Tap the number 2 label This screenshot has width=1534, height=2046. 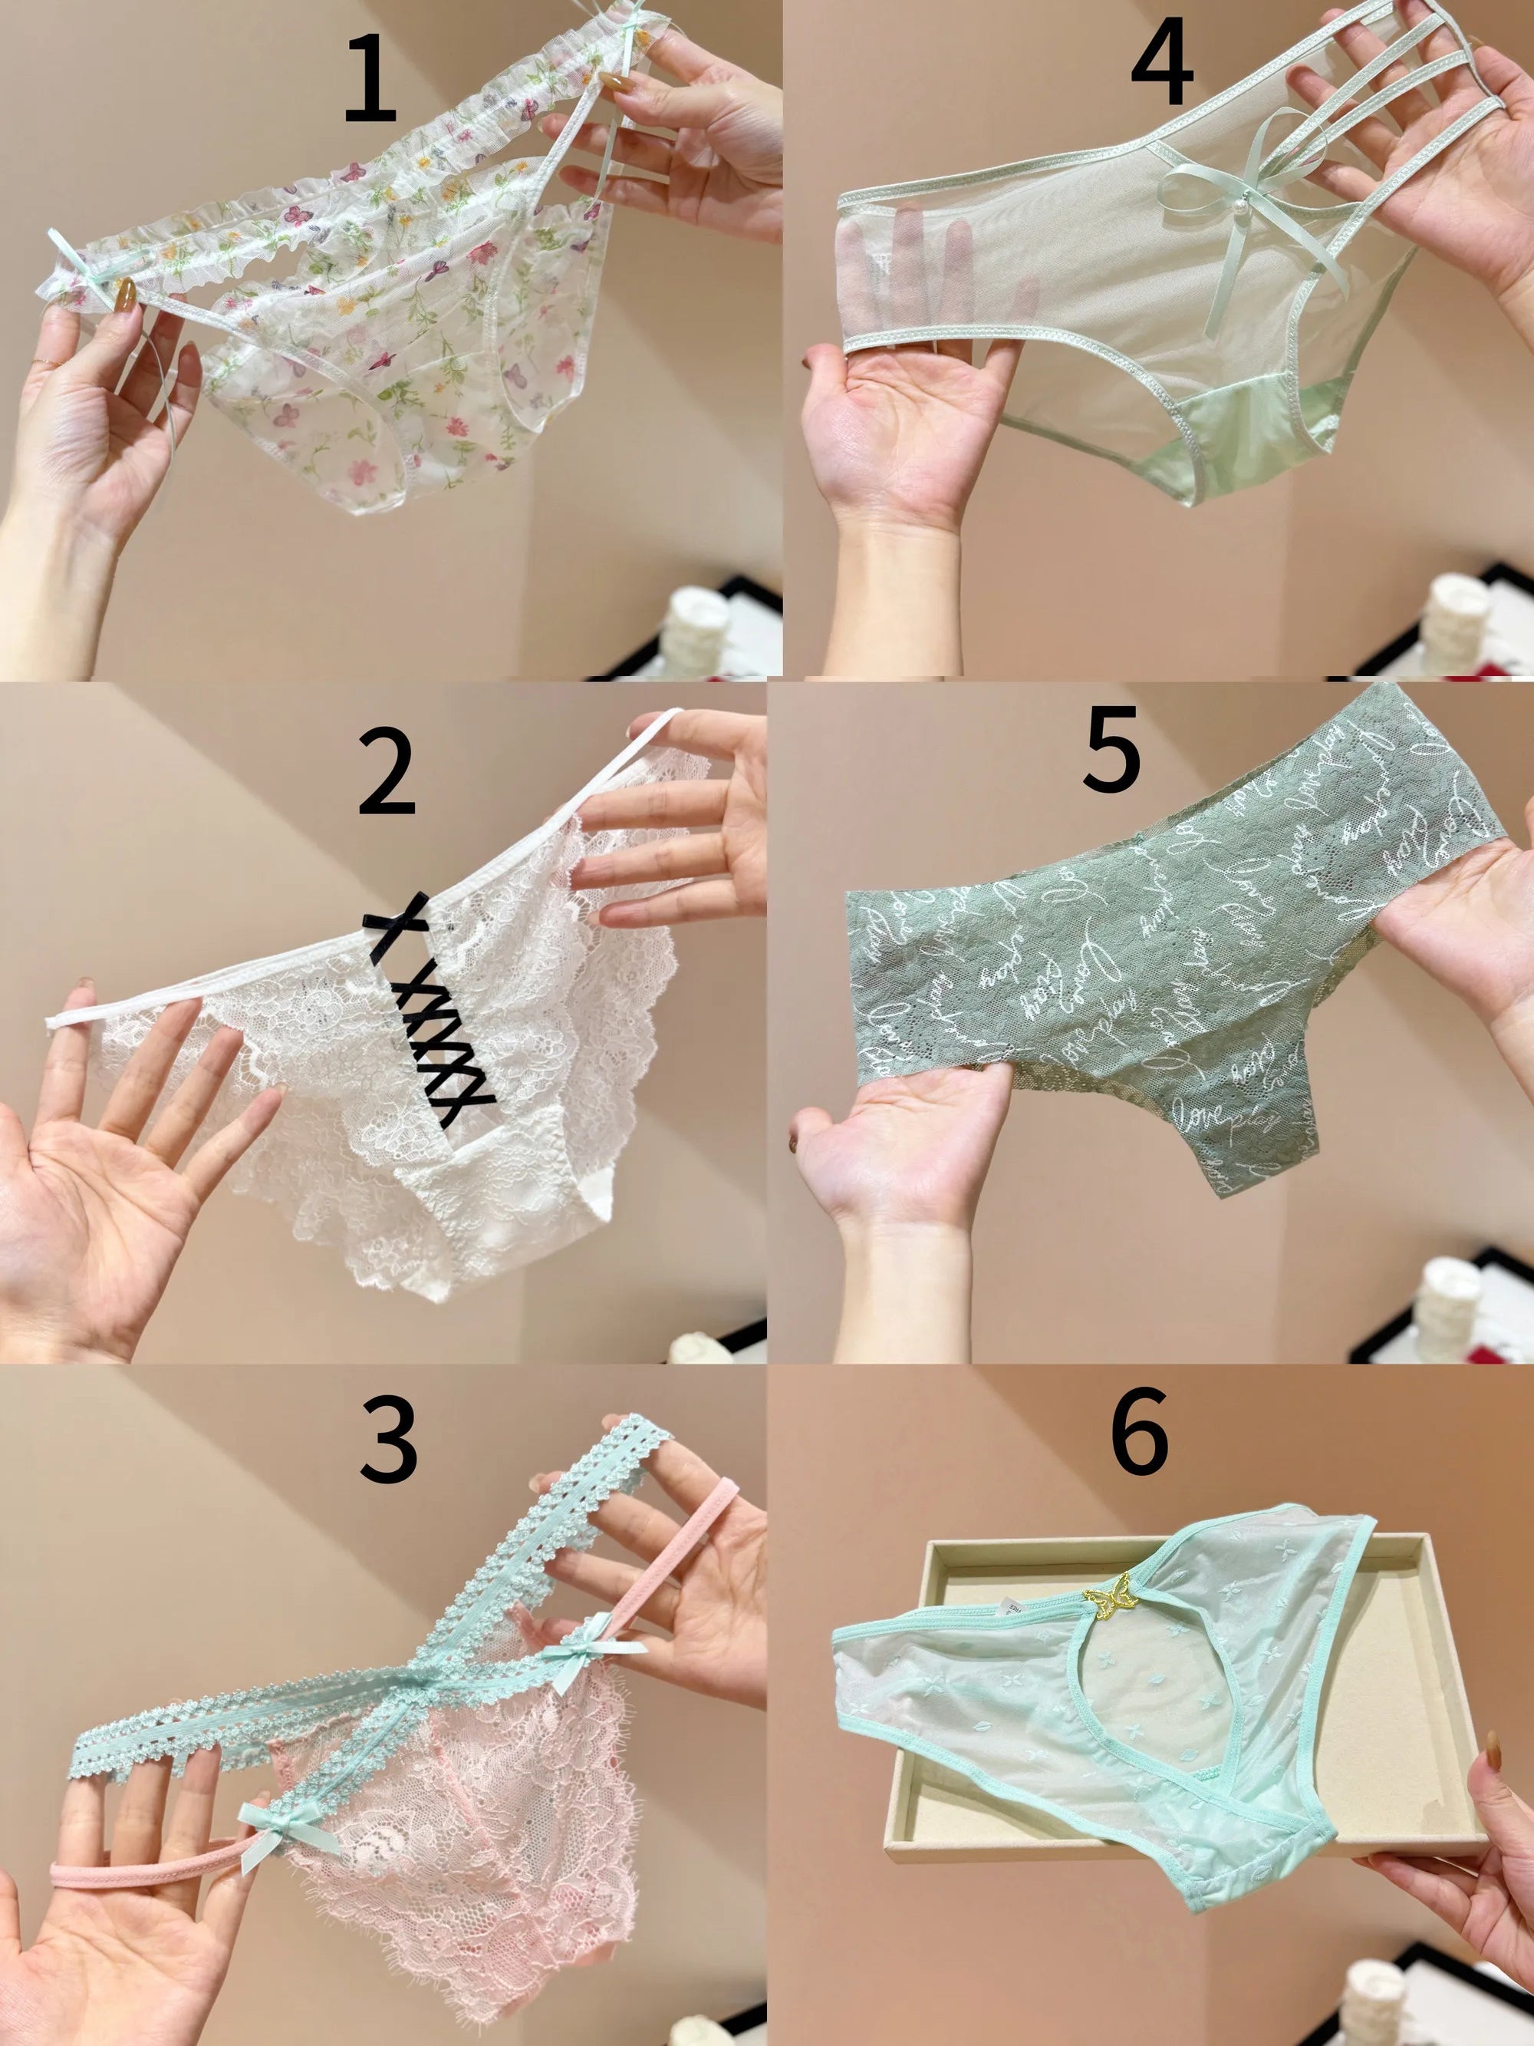pos(386,772)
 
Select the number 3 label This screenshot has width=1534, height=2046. pos(388,1439)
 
